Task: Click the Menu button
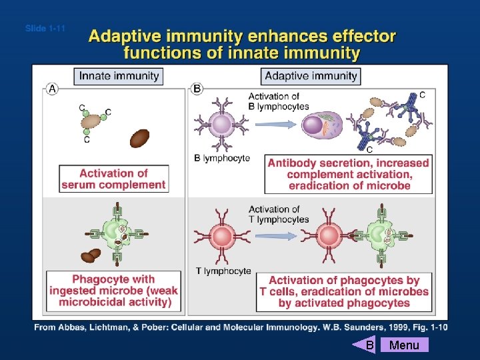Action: [404, 345]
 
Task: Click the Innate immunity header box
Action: [119, 75]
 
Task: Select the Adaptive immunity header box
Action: [311, 75]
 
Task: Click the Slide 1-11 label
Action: [45, 29]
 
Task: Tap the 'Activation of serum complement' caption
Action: [113, 179]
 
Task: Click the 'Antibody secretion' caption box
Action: [349, 174]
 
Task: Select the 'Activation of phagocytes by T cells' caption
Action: [344, 291]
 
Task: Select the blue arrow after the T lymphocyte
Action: [274, 235]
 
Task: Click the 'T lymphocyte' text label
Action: [223, 271]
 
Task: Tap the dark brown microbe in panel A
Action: [139, 137]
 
